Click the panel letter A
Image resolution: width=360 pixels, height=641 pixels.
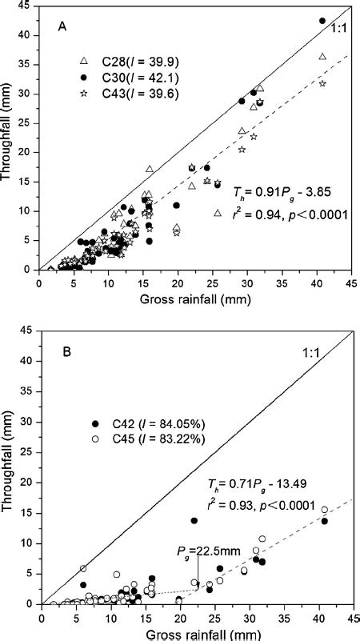[62, 26]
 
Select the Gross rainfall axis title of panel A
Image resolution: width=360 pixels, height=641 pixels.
[195, 298]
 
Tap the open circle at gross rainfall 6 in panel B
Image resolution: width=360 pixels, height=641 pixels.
[82, 568]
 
